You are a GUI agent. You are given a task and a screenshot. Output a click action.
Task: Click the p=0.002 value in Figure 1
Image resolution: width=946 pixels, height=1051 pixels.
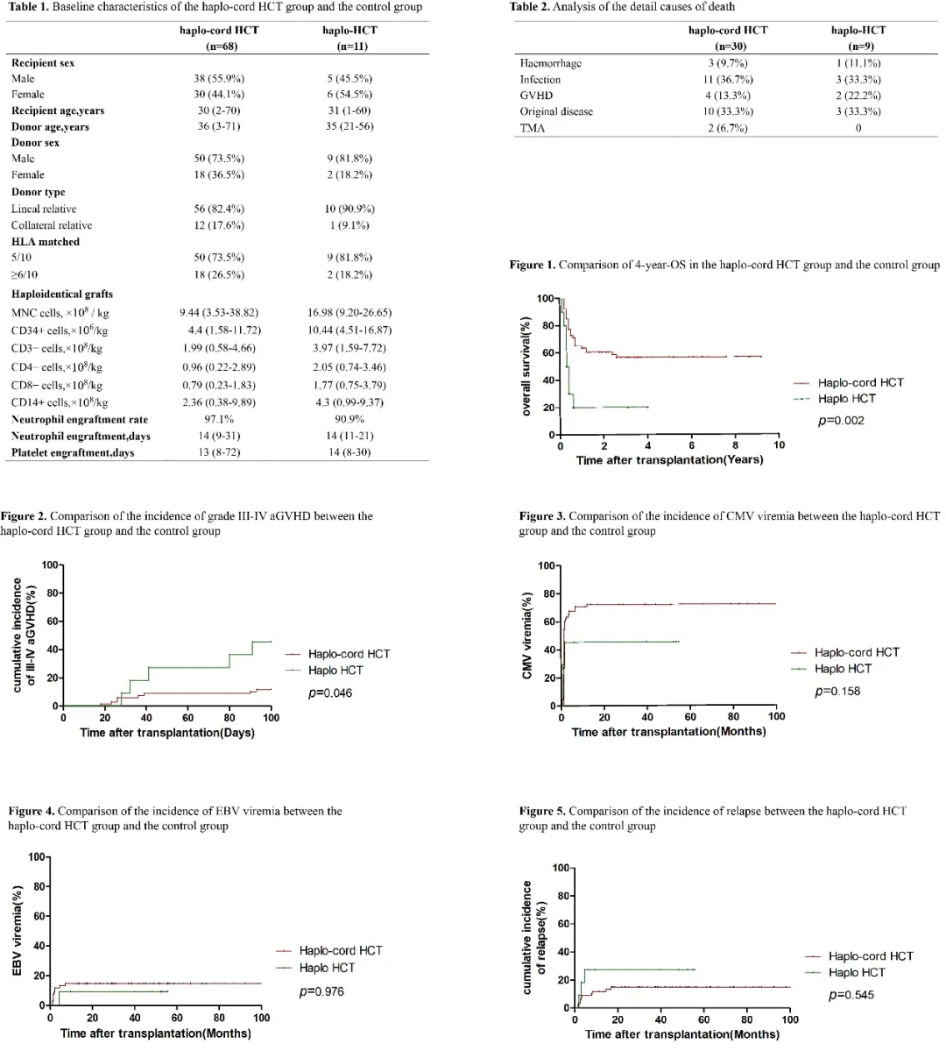(841, 421)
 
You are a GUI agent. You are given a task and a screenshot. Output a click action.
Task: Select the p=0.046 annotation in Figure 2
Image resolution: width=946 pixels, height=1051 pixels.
(331, 692)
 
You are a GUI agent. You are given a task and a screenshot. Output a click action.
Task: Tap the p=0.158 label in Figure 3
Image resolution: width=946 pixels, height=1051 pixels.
(837, 691)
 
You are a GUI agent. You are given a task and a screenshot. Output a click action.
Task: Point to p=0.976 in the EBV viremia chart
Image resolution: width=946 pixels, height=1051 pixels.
(321, 991)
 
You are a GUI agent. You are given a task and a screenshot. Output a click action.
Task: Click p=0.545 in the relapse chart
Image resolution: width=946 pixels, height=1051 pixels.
(851, 995)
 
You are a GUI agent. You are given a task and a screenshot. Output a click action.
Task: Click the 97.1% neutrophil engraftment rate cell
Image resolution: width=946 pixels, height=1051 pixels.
(219, 419)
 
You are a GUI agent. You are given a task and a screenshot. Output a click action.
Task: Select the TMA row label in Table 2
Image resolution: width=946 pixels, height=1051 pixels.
(532, 128)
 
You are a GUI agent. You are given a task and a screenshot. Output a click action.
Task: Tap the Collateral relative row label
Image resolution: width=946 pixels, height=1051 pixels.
(52, 225)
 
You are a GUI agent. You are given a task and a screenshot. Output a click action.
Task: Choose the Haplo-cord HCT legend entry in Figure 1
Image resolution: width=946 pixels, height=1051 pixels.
(860, 382)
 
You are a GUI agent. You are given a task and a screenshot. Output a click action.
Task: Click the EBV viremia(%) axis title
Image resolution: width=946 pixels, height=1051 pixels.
(17, 931)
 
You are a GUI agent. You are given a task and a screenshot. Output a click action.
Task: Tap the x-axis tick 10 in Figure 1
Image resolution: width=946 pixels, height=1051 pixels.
(779, 445)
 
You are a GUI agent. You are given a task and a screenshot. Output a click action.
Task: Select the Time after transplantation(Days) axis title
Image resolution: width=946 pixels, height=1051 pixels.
(167, 732)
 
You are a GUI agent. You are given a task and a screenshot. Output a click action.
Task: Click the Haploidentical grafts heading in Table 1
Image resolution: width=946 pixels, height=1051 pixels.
(62, 294)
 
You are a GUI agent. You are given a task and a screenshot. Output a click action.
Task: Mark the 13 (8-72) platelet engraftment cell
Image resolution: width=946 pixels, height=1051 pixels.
(219, 452)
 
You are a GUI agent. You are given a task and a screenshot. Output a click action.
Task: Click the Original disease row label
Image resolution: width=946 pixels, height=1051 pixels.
(556, 111)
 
